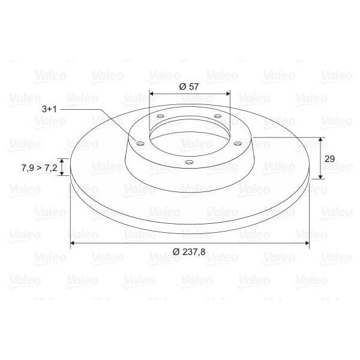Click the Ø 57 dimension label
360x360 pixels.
click(x=189, y=86)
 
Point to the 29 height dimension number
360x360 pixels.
click(x=329, y=158)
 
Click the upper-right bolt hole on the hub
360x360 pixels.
click(x=217, y=116)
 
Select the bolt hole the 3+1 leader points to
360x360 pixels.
click(x=139, y=143)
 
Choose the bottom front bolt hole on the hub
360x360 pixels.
click(x=188, y=162)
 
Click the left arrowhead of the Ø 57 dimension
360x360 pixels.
click(x=151, y=94)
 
